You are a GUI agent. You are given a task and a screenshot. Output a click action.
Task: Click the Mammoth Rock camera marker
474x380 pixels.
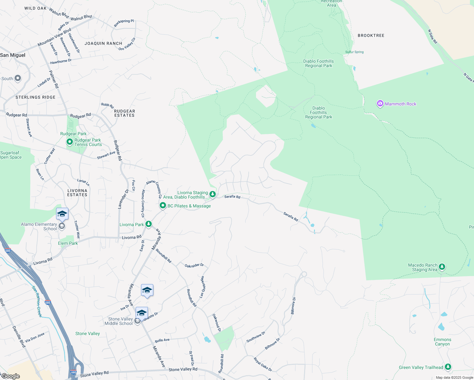coord(380,104)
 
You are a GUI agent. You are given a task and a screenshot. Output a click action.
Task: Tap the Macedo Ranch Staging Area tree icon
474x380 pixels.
coord(442,267)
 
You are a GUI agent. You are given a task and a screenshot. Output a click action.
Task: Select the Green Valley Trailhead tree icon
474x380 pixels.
coord(448,367)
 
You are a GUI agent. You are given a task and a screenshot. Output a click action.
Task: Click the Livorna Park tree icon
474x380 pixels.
coord(148,224)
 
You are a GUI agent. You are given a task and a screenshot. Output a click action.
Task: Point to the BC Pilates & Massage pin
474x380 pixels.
coord(163,206)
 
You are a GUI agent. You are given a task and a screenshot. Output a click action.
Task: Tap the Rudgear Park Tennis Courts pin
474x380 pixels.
coord(70,142)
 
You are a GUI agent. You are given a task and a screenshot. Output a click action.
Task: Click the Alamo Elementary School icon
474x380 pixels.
coord(62,226)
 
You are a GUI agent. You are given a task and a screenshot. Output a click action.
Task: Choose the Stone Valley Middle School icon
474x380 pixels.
coord(137,321)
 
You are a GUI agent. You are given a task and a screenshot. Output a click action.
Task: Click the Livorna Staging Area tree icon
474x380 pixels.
coord(213,194)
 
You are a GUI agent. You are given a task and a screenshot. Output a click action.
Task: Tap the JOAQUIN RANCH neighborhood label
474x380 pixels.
coord(103,43)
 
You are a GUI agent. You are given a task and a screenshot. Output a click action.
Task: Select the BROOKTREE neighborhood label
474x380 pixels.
coord(371,35)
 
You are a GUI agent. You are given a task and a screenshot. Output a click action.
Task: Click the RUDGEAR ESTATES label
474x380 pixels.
coord(125,113)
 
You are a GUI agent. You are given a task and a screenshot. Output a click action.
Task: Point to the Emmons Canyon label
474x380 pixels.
coord(442,342)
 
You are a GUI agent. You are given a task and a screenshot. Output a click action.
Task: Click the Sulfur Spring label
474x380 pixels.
coord(354,52)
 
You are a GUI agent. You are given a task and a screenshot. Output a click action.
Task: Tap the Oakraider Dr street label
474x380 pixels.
coord(194,265)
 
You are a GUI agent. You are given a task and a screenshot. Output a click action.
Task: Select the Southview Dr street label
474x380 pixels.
coord(256,337)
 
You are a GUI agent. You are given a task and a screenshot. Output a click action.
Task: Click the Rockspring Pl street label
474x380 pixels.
coord(124,23)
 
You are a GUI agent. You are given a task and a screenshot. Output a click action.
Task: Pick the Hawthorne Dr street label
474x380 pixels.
coord(61,61)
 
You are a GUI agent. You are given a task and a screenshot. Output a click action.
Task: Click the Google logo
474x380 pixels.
coord(10,376)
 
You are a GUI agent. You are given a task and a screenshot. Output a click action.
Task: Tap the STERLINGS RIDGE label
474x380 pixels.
coord(35,97)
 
